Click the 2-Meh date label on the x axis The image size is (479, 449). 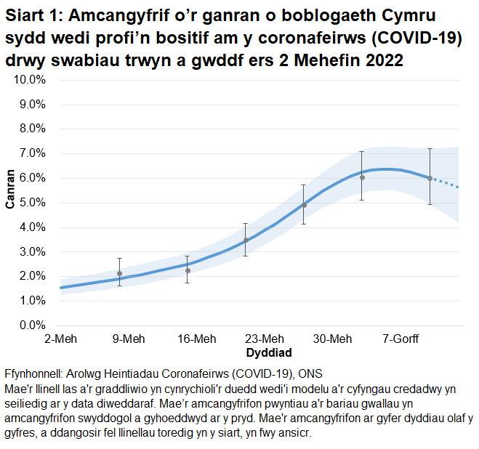[x=60, y=339]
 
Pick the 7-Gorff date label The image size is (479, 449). [x=400, y=339]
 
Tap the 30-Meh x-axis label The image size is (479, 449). [x=332, y=339]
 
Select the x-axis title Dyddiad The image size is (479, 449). [x=269, y=353]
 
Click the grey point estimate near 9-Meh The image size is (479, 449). [x=119, y=274]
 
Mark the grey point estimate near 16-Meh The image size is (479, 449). [x=188, y=270]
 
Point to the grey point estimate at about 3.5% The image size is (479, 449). [x=246, y=240]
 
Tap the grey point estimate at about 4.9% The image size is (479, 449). [x=304, y=205]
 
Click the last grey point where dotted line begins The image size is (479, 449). [x=430, y=178]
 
